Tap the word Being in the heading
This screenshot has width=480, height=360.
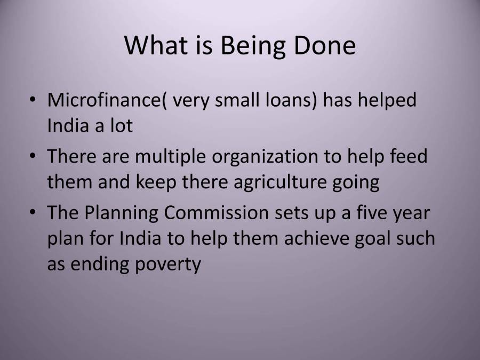[x=253, y=46]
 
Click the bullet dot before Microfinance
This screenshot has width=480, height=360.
[x=34, y=100]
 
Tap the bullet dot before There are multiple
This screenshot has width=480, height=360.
[x=34, y=156]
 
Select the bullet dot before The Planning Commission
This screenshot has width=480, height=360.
[x=34, y=212]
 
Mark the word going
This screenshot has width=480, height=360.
[x=356, y=183]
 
